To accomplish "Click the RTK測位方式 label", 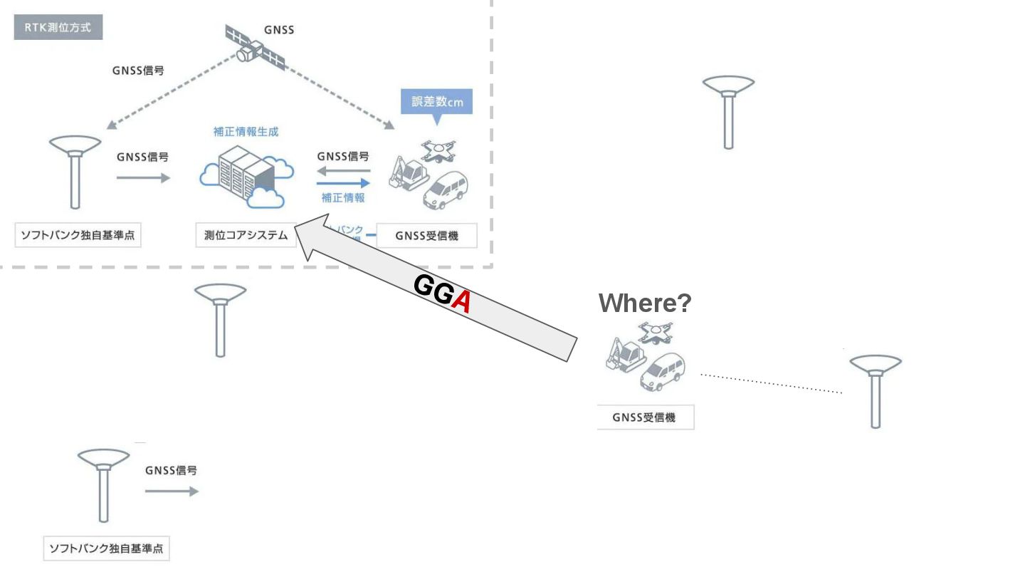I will click(x=58, y=28).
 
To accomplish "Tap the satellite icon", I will click(x=254, y=48).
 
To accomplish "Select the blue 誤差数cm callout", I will click(x=437, y=102).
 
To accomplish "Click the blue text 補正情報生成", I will click(x=246, y=132).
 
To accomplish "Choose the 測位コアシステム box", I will click(x=246, y=236).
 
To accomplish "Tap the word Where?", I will click(x=644, y=303).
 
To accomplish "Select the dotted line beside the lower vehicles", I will click(x=771, y=383).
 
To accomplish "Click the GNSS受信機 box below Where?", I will click(x=645, y=417).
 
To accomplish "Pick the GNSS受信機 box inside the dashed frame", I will click(x=426, y=236).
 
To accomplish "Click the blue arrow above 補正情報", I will click(x=345, y=183).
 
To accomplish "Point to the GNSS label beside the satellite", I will click(x=279, y=30).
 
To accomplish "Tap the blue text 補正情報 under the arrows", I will click(x=343, y=197).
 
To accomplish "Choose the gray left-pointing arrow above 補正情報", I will click(x=343, y=171).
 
